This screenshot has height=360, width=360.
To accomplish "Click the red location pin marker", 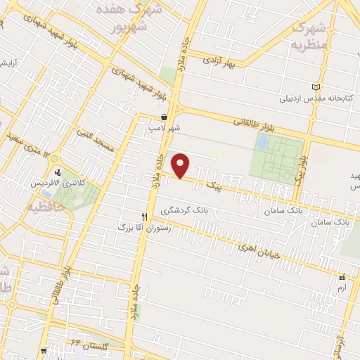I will [182, 167].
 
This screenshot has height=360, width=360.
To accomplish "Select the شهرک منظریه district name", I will [309, 33].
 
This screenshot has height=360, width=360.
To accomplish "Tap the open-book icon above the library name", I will [315, 86].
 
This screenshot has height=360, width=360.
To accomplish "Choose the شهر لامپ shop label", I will [164, 129].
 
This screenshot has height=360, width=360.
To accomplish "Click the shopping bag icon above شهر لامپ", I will [164, 117].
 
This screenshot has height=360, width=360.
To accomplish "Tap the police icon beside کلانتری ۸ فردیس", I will [58, 171].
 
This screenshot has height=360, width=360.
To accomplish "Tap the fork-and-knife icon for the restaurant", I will [145, 217].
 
